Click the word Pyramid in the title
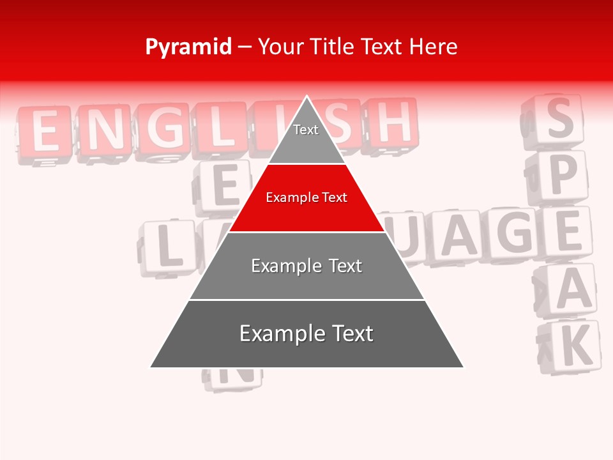coord(188,47)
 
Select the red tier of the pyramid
coord(306,198)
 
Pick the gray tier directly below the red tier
coord(306,266)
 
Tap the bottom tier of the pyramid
coord(306,334)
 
